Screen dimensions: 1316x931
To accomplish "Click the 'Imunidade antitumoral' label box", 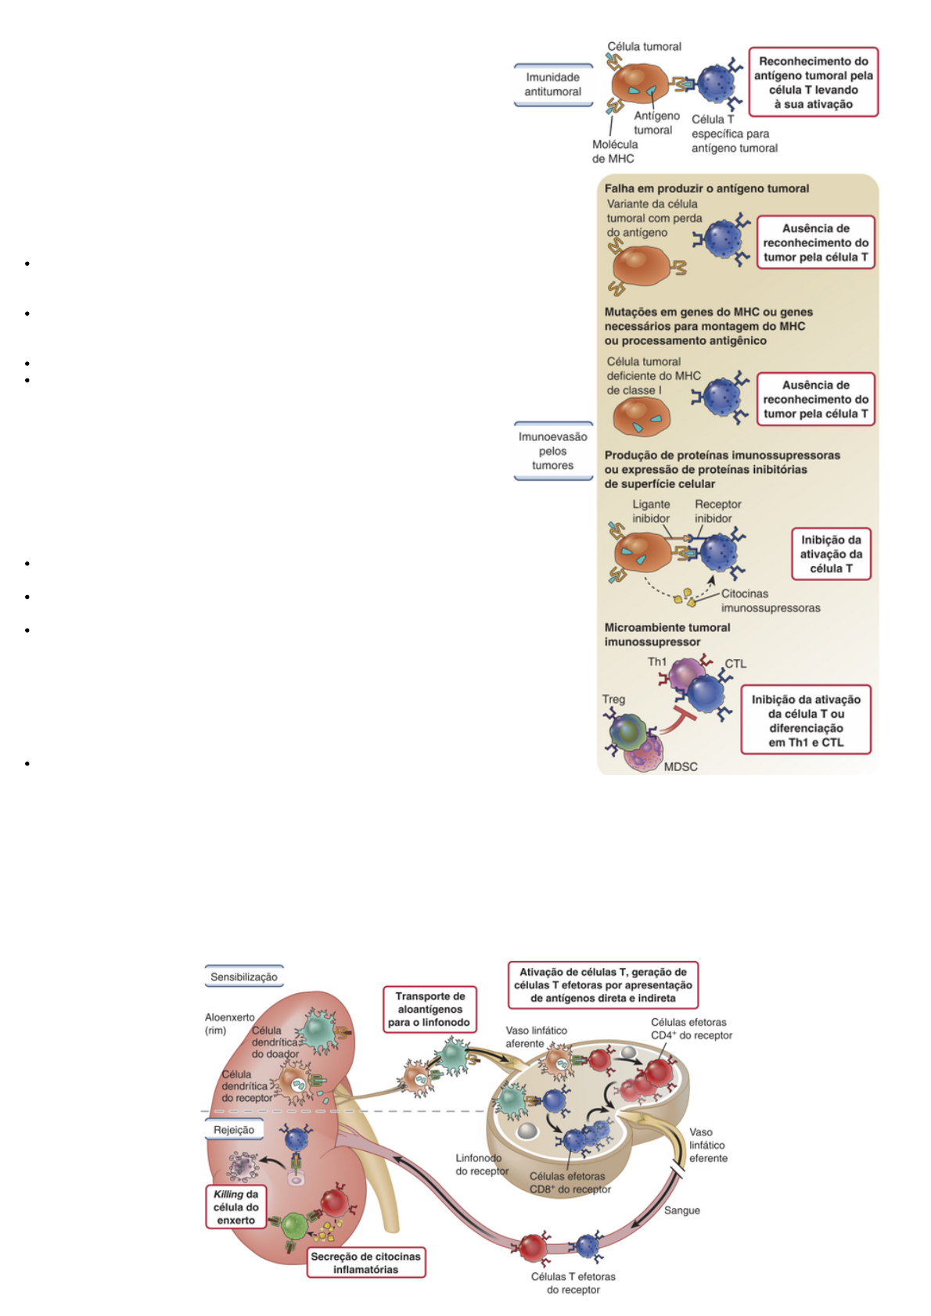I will click(x=553, y=84).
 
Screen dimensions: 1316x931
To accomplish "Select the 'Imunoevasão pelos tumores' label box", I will click(x=553, y=451).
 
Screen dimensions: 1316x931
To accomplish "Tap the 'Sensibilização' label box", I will click(x=244, y=977).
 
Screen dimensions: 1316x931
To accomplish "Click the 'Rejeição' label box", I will click(x=234, y=1130).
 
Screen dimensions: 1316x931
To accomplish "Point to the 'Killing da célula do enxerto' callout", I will click(x=235, y=1207).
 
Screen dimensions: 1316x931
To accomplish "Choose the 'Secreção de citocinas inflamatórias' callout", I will click(x=365, y=1263).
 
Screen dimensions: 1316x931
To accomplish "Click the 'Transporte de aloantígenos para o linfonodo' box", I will click(x=430, y=1009).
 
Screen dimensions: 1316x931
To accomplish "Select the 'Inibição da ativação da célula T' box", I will click(x=831, y=554).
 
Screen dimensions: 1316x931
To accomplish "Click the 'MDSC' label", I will click(x=681, y=767).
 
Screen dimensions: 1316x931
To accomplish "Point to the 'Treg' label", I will click(x=613, y=699).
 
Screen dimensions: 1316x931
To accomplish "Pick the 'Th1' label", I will click(x=657, y=662).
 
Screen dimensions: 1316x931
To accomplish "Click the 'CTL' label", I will click(x=735, y=664).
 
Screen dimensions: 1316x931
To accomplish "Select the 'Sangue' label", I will click(x=682, y=1210).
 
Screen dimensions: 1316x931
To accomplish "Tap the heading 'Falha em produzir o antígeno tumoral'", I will click(x=706, y=188).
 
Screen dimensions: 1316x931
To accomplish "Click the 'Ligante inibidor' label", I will click(x=651, y=511).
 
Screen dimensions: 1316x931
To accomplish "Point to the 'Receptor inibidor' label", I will click(x=717, y=511).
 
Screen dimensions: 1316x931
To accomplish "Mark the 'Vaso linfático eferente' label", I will click(x=708, y=1146).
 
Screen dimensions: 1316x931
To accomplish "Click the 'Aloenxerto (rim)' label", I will click(x=229, y=1024).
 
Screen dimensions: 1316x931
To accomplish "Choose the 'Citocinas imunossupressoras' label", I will click(x=770, y=601).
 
